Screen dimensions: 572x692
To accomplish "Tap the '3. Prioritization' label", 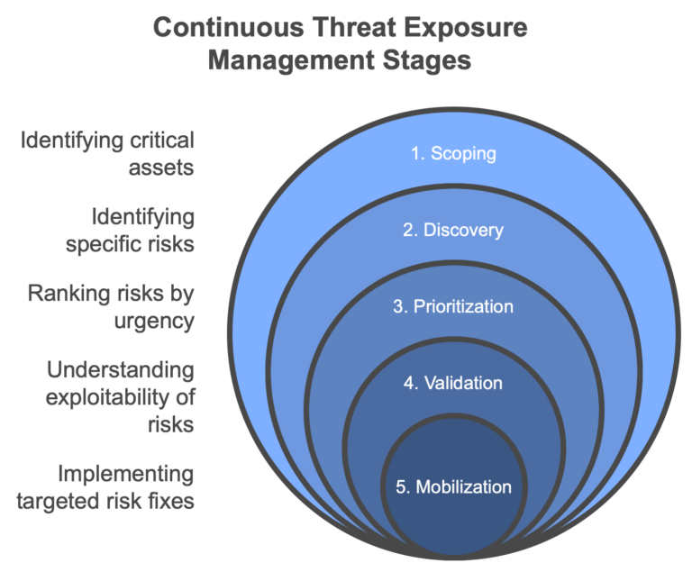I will tap(453, 306).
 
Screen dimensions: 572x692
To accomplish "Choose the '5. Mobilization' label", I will tap(453, 487).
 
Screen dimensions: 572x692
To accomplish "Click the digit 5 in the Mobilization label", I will tap(401, 487).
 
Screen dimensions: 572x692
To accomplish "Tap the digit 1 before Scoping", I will tap(415, 153).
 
